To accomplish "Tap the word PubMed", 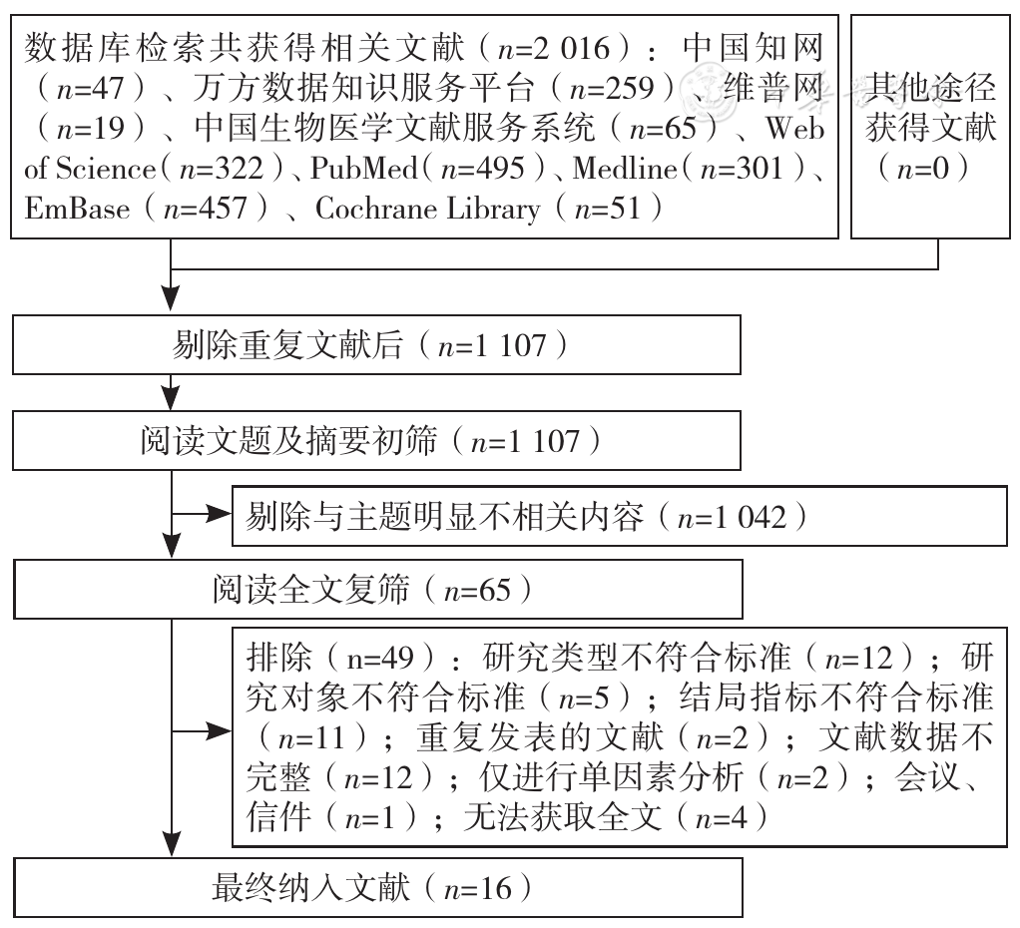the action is pos(363,169).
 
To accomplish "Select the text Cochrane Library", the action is pos(427,209).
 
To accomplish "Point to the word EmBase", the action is pos(77,209).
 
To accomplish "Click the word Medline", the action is pos(625,169).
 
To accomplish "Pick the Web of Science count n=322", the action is pos(222,169).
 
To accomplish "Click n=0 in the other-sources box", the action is pos(923,169).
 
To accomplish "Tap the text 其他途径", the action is pos(930,87).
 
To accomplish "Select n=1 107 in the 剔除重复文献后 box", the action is pos(492,345).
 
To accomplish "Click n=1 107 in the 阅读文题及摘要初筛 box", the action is pos(524,442).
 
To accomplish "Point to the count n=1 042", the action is pos(732,518).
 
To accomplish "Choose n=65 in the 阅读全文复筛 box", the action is pos(477,591).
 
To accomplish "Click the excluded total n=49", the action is pos(380,659).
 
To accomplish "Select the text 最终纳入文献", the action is pos(311,888).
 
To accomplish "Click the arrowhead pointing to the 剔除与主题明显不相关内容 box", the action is pos(220,515).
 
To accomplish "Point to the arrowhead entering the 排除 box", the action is pos(220,731).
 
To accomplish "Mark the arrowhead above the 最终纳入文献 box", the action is pos(171,845).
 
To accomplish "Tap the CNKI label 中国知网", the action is pos(754,48).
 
